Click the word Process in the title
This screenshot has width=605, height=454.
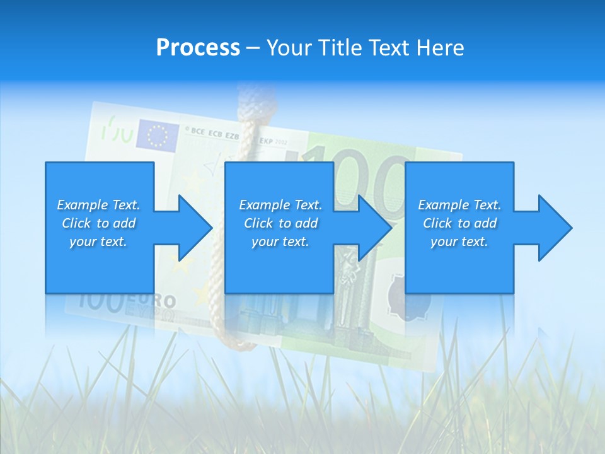coord(198,48)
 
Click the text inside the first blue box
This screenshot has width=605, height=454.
coord(98,223)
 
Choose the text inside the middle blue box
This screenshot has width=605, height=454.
coord(280,223)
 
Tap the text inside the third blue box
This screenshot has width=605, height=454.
coord(459,223)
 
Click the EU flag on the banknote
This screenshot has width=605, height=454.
coord(158,135)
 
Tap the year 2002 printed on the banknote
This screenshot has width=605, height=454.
coord(280,143)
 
